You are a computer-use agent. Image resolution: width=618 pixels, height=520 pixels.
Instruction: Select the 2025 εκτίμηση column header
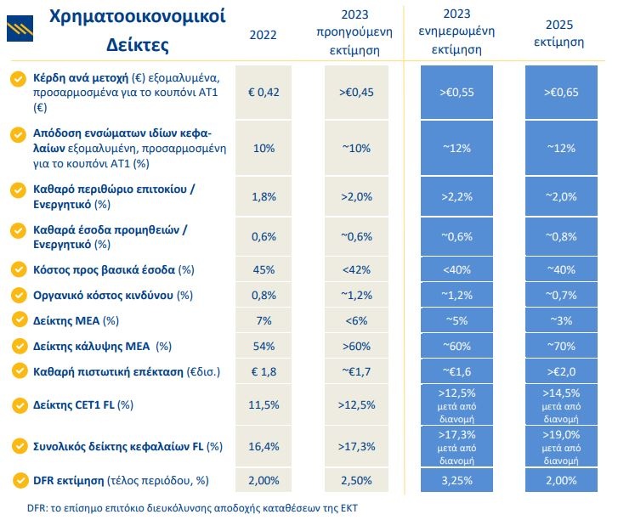coord(558,33)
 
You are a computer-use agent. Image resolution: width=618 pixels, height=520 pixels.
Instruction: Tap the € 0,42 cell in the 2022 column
coord(263,92)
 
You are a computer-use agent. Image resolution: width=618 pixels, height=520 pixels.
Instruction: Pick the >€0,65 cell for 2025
coord(558,92)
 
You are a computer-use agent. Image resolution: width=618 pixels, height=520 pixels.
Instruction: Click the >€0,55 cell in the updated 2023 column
coord(458,92)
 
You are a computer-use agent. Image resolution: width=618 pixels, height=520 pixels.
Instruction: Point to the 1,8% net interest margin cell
coord(263,196)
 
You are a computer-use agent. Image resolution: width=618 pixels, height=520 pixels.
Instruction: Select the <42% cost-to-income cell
coord(355,269)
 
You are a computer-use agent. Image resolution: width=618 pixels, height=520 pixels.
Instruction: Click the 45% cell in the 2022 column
coord(263,269)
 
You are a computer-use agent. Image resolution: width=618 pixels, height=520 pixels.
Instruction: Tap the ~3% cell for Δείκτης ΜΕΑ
coord(558,320)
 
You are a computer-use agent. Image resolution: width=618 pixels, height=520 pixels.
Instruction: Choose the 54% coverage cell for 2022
coord(263,346)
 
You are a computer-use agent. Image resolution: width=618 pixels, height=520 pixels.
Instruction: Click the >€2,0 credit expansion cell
coord(558,371)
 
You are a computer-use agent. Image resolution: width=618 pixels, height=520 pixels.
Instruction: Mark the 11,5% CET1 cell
coord(263,404)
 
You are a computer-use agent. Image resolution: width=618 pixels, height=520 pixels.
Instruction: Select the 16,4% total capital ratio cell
coord(263,445)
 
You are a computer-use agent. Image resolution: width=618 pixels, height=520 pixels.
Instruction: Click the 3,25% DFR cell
coord(458,481)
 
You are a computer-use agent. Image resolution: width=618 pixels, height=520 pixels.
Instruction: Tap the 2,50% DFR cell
coord(355,481)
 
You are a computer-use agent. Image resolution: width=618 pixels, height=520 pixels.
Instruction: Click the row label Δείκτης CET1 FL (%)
coord(84,404)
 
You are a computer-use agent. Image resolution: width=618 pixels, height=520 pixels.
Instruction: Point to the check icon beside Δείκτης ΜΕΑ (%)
coord(17,320)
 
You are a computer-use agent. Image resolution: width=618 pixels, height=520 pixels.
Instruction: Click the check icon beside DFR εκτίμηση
coord(17,481)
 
